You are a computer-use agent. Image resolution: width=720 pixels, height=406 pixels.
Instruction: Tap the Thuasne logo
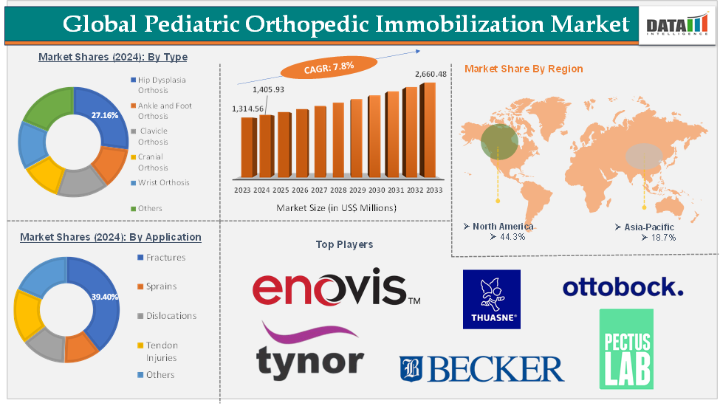click(x=491, y=299)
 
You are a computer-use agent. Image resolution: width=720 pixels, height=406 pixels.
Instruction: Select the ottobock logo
click(x=623, y=287)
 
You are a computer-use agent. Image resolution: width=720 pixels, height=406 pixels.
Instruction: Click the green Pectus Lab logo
click(x=626, y=348)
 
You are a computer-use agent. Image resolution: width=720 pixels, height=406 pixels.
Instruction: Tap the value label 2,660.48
click(x=431, y=74)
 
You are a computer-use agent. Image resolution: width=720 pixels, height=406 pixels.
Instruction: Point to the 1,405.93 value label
click(x=268, y=89)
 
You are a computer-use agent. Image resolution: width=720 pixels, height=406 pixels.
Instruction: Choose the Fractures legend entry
click(x=165, y=258)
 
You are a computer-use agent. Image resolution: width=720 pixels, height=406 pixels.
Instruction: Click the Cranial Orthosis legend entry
click(x=153, y=162)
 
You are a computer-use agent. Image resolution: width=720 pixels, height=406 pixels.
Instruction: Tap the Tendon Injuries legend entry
click(x=161, y=351)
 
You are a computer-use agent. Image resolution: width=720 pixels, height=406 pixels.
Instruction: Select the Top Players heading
click(x=344, y=244)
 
